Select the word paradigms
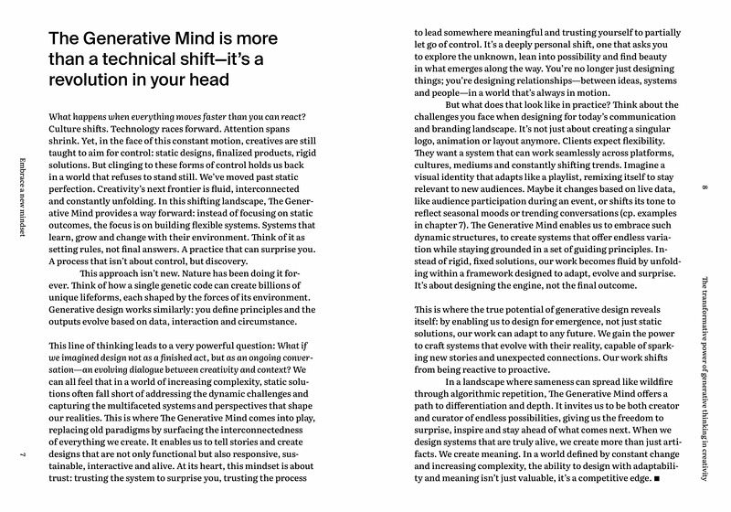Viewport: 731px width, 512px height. (x=131, y=404)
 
